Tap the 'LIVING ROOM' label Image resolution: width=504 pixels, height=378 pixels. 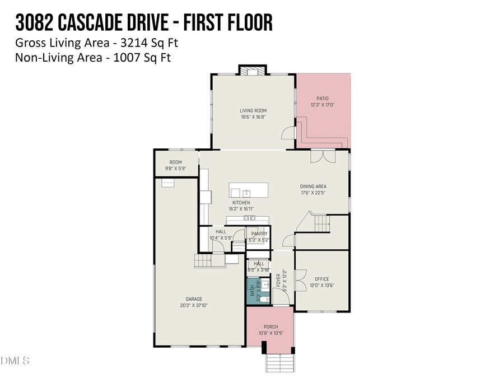[x=253, y=111]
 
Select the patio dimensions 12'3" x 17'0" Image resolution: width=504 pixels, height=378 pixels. [x=323, y=105]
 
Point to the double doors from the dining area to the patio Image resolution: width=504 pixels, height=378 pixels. [x=323, y=156]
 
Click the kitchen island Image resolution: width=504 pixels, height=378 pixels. [x=248, y=189]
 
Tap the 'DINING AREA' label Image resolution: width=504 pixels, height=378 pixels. [x=313, y=186]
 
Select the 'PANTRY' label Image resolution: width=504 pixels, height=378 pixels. [x=259, y=234]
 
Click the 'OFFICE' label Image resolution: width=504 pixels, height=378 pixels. [x=321, y=279]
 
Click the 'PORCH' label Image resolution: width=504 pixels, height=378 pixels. [x=270, y=327]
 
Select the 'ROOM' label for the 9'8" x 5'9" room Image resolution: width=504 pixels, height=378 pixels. [x=176, y=162]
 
